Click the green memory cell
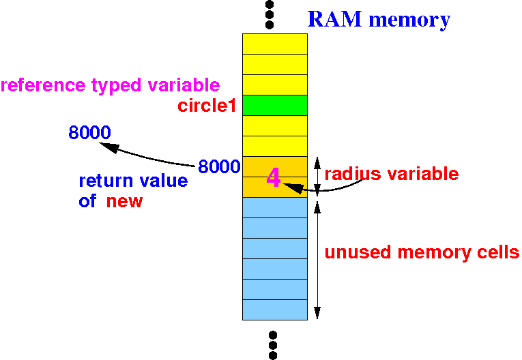click(x=274, y=105)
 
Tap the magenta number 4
click(x=273, y=178)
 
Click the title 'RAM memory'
click(x=379, y=19)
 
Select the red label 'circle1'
click(x=206, y=106)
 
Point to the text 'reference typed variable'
click(x=110, y=86)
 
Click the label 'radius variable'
click(x=392, y=173)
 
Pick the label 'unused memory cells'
click(x=422, y=252)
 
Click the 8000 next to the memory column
click(x=218, y=166)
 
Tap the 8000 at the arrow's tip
click(x=89, y=132)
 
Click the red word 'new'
click(x=124, y=201)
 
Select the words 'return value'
click(x=133, y=181)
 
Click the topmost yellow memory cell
click(x=274, y=44)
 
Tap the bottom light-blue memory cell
click(x=274, y=310)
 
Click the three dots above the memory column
click(x=270, y=14)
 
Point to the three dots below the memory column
click(x=272, y=345)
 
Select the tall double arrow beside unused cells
click(x=317, y=258)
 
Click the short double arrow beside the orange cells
click(x=317, y=177)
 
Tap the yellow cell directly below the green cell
click(x=274, y=125)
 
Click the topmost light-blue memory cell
click(x=274, y=207)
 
